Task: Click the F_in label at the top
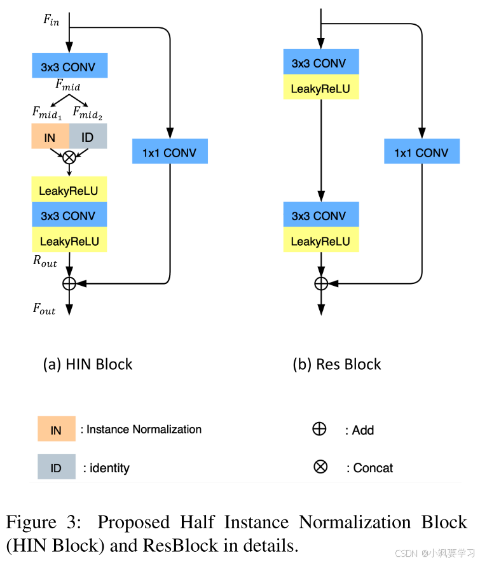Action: click(x=51, y=19)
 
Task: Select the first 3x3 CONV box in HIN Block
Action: click(x=69, y=65)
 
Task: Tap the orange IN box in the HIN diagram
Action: click(x=50, y=137)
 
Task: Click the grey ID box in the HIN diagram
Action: click(x=88, y=137)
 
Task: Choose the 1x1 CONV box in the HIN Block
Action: click(x=170, y=153)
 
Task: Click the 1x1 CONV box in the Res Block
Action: click(x=422, y=153)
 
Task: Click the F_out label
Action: click(x=45, y=310)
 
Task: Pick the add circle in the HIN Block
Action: click(x=69, y=283)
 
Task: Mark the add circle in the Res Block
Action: click(x=322, y=283)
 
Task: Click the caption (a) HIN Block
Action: click(x=88, y=364)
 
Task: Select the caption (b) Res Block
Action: click(x=337, y=364)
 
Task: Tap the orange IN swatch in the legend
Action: click(x=56, y=430)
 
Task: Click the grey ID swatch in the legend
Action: click(x=56, y=468)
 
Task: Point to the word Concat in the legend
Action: click(x=373, y=468)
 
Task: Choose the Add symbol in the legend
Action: click(x=320, y=429)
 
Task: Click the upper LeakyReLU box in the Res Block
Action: click(x=321, y=88)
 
